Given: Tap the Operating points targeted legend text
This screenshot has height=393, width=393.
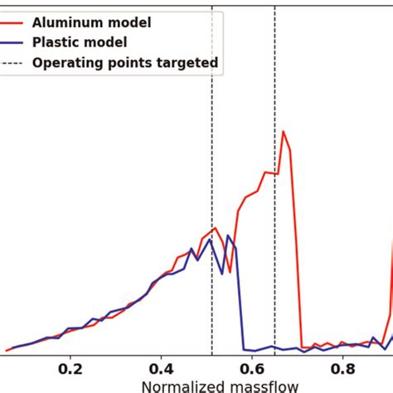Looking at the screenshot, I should click(125, 61).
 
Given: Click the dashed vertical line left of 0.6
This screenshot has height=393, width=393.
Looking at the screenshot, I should click(211, 166).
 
